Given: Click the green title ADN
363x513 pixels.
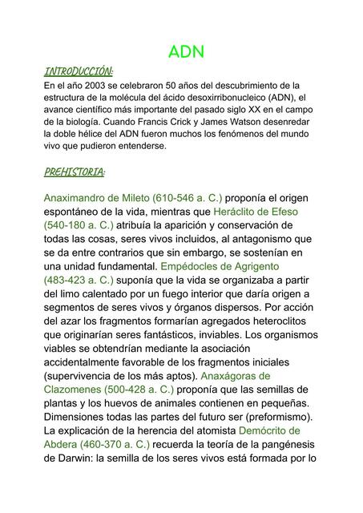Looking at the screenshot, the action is point(187,52).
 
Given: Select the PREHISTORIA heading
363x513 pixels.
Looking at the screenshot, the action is point(75,172).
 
